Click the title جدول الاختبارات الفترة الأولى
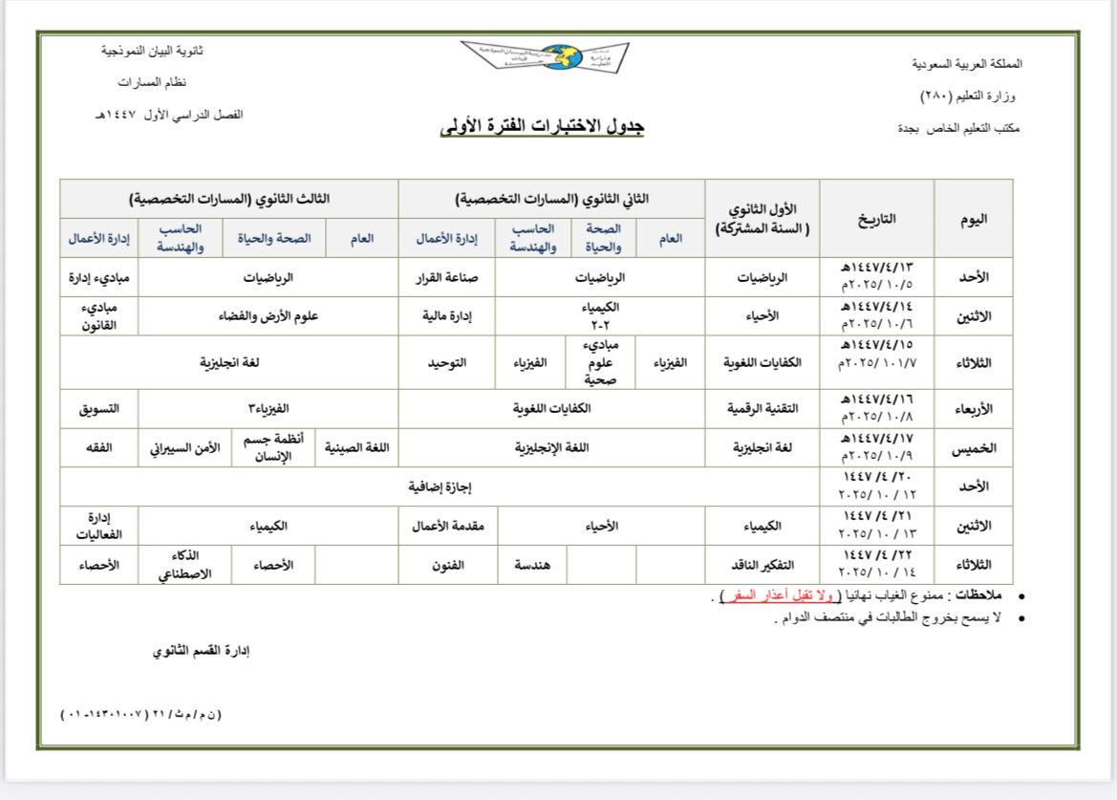coord(542,127)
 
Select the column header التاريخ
coord(876,218)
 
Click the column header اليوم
coord(973,218)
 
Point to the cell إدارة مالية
coord(447,314)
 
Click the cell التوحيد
coord(447,362)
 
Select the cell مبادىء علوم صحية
coord(601,362)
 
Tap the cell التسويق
coord(98,408)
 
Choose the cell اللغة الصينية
coord(362,447)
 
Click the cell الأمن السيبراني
coord(182,447)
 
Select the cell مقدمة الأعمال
coord(447,526)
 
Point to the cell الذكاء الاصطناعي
coord(182,564)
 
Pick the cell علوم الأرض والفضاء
coord(269,314)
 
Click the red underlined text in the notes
coord(774,596)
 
